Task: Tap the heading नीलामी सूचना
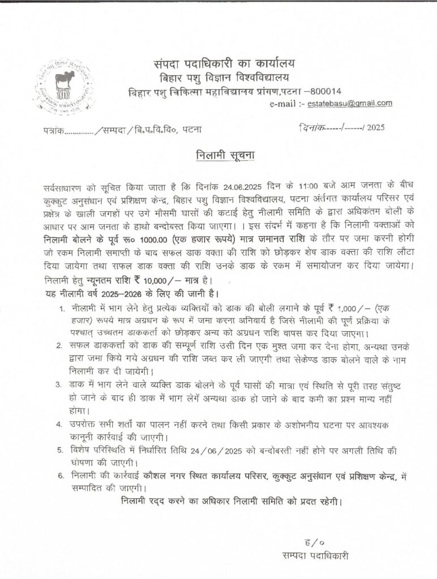click(x=219, y=154)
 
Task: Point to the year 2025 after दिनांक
click(x=375, y=128)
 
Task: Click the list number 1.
click(x=61, y=309)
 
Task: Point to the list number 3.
click(x=59, y=385)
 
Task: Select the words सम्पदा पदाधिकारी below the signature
click(x=316, y=556)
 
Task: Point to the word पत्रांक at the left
click(x=54, y=130)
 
